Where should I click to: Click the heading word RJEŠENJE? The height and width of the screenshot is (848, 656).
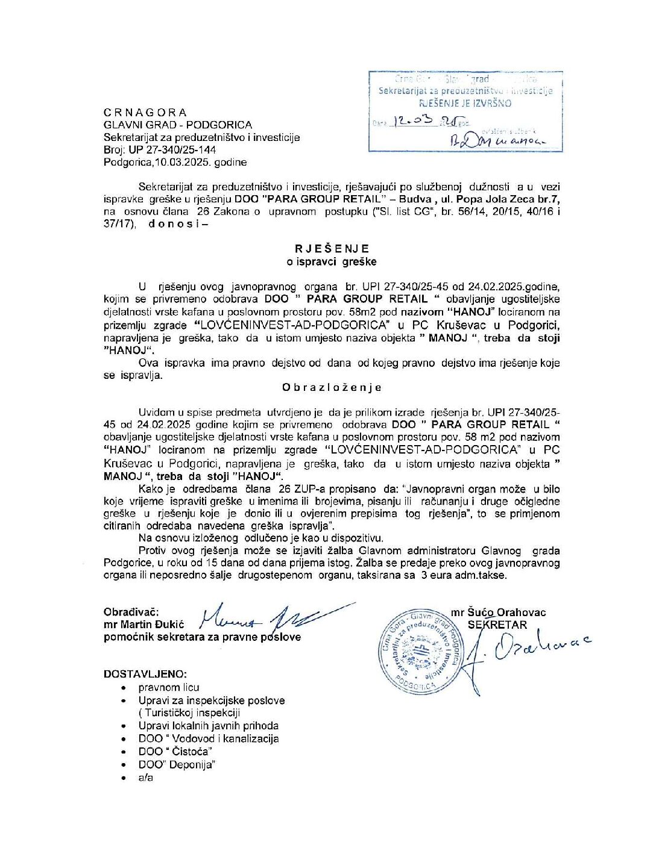(x=332, y=249)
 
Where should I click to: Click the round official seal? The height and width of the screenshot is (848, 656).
(x=426, y=650)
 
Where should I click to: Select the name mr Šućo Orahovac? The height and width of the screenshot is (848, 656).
(x=498, y=613)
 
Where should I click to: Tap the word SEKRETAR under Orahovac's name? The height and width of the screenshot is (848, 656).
(x=497, y=625)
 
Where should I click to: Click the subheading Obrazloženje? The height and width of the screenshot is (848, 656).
(x=332, y=388)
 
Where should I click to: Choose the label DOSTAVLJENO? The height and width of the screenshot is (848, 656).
(x=145, y=674)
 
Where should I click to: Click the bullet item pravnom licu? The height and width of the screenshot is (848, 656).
(x=169, y=687)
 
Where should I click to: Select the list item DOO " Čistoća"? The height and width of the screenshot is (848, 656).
(x=175, y=752)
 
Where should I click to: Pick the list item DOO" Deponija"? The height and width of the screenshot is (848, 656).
(x=177, y=764)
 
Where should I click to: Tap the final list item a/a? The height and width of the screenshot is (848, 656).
(x=146, y=777)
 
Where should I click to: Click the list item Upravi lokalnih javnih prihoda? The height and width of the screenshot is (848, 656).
(x=209, y=726)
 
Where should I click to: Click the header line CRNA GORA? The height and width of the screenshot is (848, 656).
(x=145, y=113)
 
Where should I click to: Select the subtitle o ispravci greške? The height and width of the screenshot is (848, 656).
(x=332, y=261)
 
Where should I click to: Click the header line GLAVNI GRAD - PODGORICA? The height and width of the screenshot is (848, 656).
(x=178, y=125)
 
